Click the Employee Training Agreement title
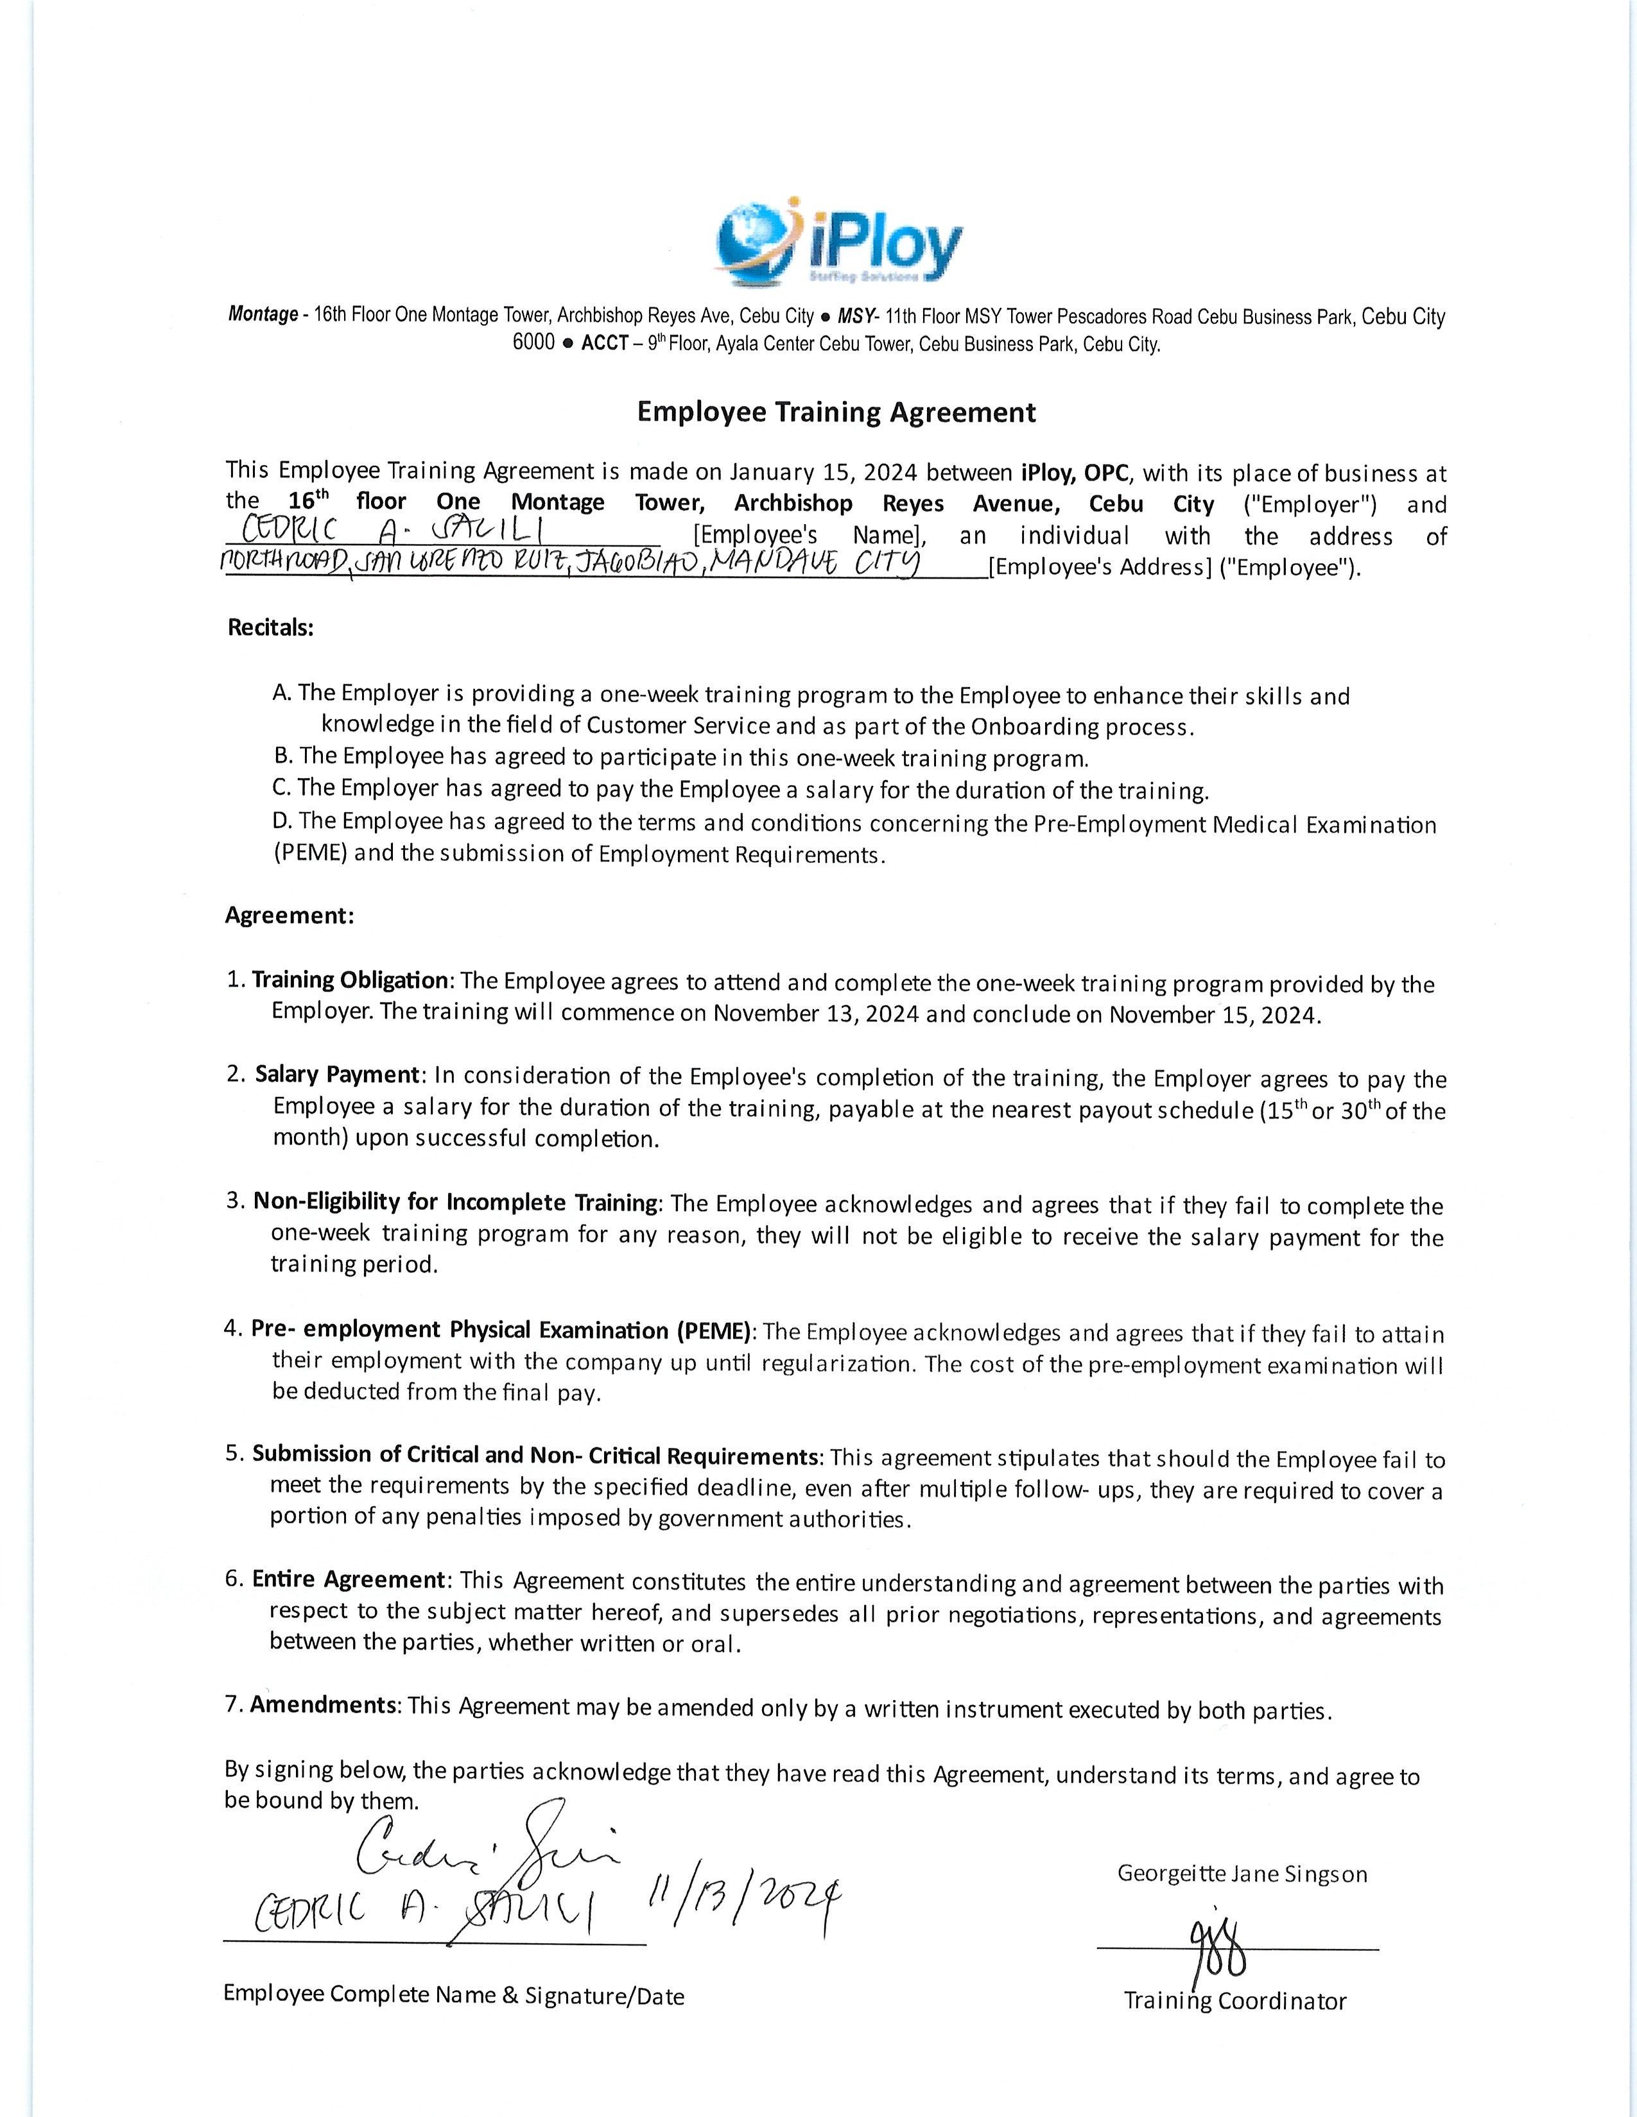point(836,413)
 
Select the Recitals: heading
point(270,628)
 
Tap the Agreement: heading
point(289,916)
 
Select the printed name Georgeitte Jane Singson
point(1242,1874)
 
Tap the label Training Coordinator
point(1234,2001)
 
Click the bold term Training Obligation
point(350,980)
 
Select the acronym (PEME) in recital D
point(309,854)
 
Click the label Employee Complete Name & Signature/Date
point(453,1995)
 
